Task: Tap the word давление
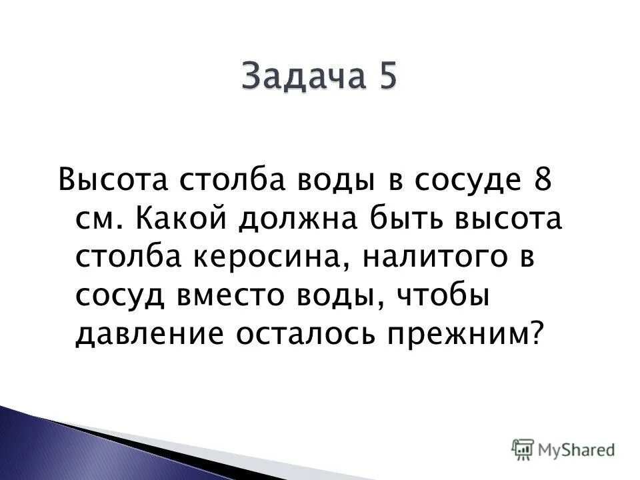pyautogui.click(x=146, y=333)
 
